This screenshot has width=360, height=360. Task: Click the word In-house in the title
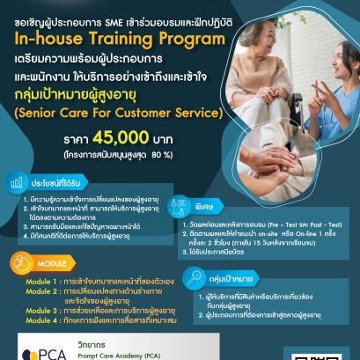(x=50, y=38)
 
